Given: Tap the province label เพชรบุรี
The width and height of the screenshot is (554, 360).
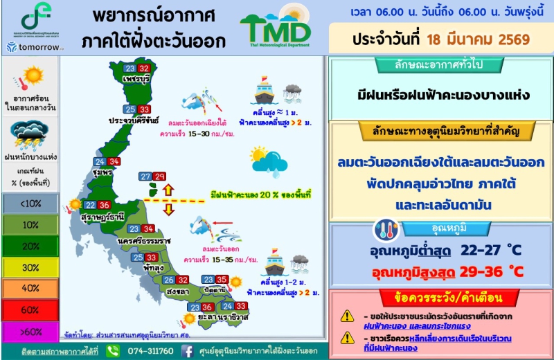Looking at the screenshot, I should [x=134, y=80].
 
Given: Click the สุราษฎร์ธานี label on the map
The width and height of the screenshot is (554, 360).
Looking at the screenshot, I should [x=102, y=217].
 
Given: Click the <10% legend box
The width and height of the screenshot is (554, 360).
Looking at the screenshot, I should [x=30, y=202].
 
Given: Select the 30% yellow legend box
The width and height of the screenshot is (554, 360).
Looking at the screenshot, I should [x=30, y=267].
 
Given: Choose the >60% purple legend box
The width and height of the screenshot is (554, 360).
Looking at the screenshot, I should [x=30, y=332].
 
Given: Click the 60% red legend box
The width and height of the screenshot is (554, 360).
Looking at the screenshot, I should [x=30, y=310].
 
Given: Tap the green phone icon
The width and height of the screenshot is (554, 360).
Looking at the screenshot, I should [x=114, y=351].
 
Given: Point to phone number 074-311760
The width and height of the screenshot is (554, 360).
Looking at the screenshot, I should [x=151, y=351].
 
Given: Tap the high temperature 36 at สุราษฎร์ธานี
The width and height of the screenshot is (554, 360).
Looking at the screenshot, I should [x=104, y=205].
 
